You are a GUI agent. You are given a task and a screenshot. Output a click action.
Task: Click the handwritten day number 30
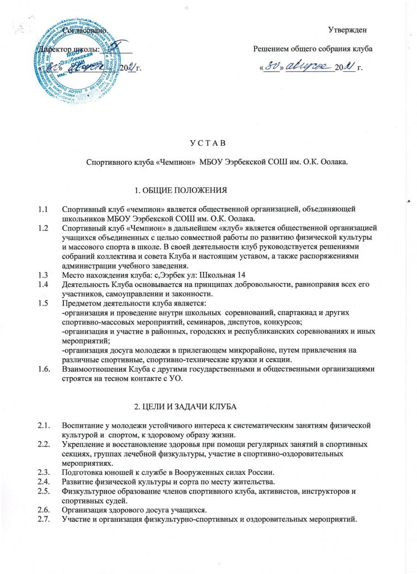coord(273,67)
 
